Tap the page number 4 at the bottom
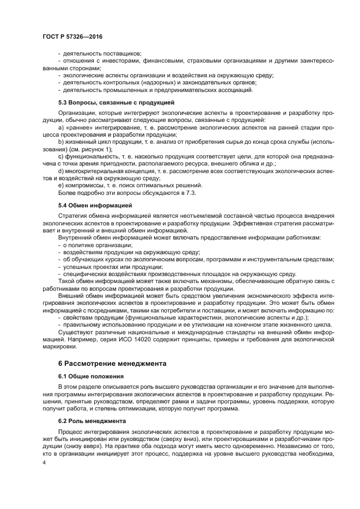pyautogui.click(x=44, y=462)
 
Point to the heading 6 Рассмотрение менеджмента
pyautogui.click(x=112, y=363)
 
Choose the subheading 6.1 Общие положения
pyautogui.click(x=91, y=376)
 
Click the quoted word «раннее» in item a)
pyautogui.click(x=79, y=127)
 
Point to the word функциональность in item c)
pyautogui.click(x=89, y=156)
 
